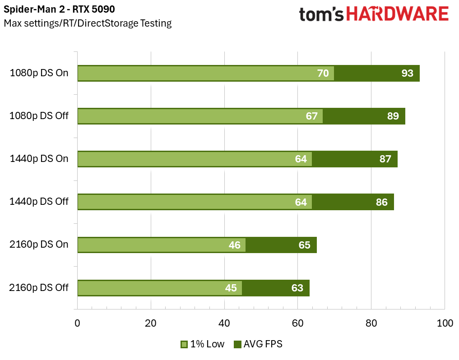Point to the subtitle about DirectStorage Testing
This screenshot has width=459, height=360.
click(88, 23)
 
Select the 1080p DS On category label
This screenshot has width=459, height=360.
click(39, 73)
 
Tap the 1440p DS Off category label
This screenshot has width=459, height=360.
click(39, 202)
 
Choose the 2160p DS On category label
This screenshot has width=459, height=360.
click(39, 245)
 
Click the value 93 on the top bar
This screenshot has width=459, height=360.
click(407, 73)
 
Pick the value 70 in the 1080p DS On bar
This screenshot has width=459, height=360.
click(323, 73)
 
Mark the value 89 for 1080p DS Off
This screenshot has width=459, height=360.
click(393, 116)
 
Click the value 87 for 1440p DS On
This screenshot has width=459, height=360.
click(385, 159)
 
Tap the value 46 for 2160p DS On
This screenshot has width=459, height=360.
click(234, 245)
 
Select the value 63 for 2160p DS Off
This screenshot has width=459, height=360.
click(297, 288)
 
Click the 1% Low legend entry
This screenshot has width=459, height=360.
click(202, 344)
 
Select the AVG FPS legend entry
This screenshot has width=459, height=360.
click(258, 344)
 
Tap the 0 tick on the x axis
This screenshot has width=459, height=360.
click(77, 323)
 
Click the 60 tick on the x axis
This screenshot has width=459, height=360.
click(297, 323)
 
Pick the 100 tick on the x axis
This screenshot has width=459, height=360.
click(445, 323)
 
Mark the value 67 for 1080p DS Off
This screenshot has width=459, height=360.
click(311, 116)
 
